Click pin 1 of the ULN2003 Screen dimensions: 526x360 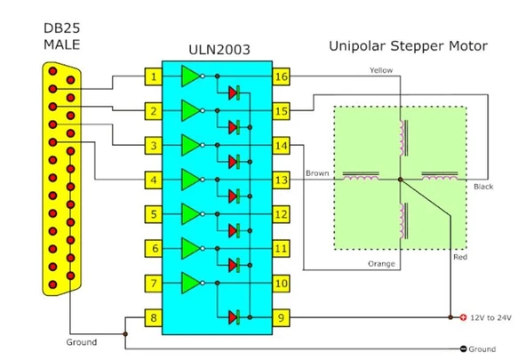coord(154,76)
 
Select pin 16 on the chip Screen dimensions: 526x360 coord(281,76)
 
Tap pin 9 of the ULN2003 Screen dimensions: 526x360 coord(281,317)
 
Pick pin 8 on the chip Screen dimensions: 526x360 coord(154,317)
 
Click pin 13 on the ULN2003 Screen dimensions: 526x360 coord(281,180)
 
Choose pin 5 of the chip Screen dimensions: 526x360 coord(154,214)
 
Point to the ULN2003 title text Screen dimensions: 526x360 coord(219,50)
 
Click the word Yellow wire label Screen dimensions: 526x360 coord(381,70)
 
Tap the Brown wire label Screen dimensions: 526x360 coord(317,173)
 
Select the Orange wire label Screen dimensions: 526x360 coord(381,264)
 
